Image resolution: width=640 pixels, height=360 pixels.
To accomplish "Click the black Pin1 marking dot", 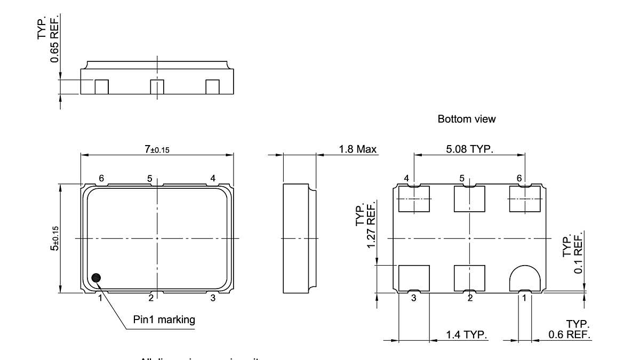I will [x=96, y=277].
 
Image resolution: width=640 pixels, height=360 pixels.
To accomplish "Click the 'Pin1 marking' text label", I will [x=164, y=320].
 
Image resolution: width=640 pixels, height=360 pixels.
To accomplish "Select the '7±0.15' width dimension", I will [x=157, y=150].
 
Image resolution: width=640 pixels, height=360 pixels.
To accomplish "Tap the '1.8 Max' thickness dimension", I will [x=358, y=149].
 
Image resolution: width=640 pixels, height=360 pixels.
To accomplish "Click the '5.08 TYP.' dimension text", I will [x=469, y=149].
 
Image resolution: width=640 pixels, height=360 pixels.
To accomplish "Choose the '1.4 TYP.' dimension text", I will [x=467, y=335].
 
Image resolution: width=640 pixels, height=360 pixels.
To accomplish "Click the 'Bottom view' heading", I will [x=466, y=119].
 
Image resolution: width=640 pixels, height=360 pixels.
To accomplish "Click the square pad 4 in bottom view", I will [x=414, y=198].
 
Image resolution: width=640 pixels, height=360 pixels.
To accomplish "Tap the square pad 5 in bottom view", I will [x=469, y=198].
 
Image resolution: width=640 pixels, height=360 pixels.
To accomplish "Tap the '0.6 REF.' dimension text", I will [x=569, y=335].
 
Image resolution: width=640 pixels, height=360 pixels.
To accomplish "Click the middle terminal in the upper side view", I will [x=156, y=86].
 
